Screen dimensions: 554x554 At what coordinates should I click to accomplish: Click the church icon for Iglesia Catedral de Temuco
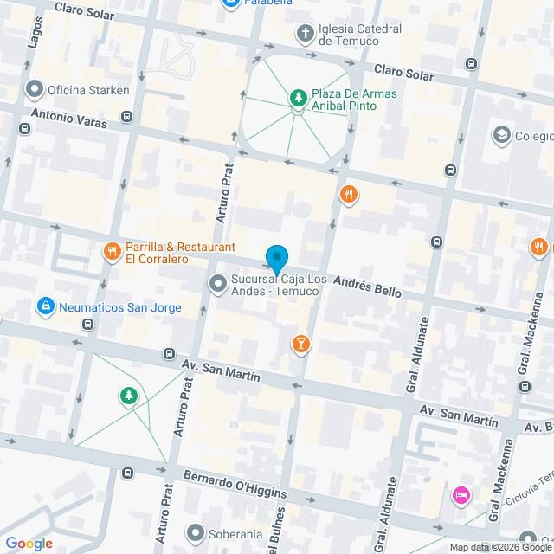pos(305,34)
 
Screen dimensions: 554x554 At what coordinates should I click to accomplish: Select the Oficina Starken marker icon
pos(35,89)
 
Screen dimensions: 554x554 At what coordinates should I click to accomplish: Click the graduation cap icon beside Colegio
pos(500,135)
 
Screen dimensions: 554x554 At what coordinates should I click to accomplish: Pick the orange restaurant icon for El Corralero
pos(111,252)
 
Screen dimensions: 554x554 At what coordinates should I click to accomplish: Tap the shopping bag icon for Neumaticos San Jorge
pos(44,306)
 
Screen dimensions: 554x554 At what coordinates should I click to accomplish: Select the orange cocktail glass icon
pos(300,344)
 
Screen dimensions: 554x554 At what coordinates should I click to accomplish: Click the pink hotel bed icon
pos(460,496)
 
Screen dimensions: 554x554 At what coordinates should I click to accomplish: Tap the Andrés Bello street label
pos(368,287)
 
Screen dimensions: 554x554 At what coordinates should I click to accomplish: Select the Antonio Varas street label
pos(69,118)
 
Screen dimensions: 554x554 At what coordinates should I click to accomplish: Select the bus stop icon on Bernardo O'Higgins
pos(128,473)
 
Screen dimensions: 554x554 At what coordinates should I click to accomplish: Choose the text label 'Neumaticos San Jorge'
pos(120,307)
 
